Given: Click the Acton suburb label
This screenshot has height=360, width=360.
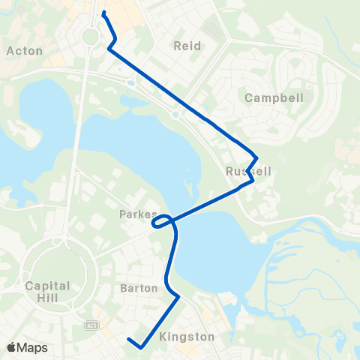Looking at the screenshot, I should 24,50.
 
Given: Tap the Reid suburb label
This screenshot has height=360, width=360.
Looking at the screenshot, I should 187,46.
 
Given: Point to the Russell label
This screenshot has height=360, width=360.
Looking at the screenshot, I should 247,171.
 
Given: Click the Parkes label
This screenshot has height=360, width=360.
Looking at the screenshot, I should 138,214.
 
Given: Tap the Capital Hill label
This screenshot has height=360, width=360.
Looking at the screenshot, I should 47,292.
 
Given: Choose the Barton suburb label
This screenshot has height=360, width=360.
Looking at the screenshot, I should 139,288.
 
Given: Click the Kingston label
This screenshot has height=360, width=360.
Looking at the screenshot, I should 187,337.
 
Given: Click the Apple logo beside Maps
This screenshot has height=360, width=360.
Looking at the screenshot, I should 11,347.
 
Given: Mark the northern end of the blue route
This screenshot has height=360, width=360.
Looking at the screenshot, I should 103,12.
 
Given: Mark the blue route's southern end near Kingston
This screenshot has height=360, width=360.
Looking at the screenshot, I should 129,340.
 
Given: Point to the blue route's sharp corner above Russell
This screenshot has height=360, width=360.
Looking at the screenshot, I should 257,157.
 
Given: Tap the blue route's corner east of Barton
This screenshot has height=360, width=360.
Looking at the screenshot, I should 179,297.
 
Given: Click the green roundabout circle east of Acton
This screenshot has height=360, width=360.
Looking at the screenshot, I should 91,36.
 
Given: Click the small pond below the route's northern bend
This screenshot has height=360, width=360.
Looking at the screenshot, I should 133,82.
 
